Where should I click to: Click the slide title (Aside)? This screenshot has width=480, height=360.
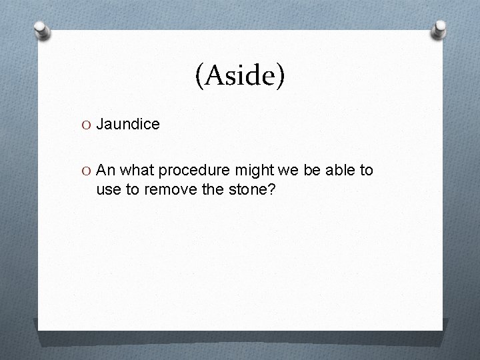[x=240, y=77]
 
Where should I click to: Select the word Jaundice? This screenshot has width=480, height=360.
[x=128, y=124]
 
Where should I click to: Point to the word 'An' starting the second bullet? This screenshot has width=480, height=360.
[x=105, y=171]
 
